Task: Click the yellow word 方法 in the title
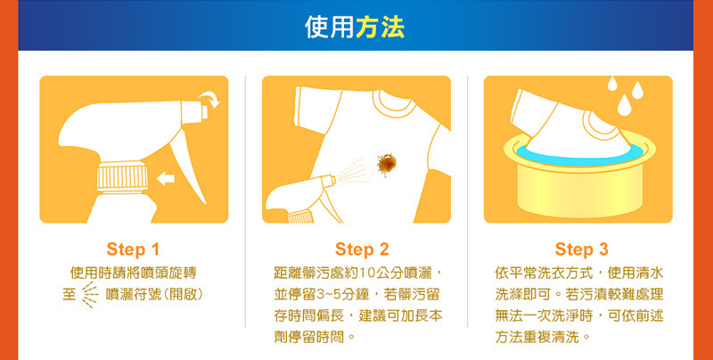point(381,28)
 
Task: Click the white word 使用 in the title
point(330,28)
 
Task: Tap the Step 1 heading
point(133,250)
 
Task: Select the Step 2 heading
point(362,250)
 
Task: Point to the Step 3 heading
point(582,250)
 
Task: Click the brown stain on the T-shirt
point(387,164)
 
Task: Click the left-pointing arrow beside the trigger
point(166,179)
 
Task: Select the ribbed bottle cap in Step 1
point(122,177)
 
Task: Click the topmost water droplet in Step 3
point(612,84)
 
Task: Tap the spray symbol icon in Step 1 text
point(90,294)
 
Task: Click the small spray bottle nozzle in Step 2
point(328,181)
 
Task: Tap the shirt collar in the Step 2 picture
point(394,105)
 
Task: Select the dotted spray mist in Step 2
point(352,171)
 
